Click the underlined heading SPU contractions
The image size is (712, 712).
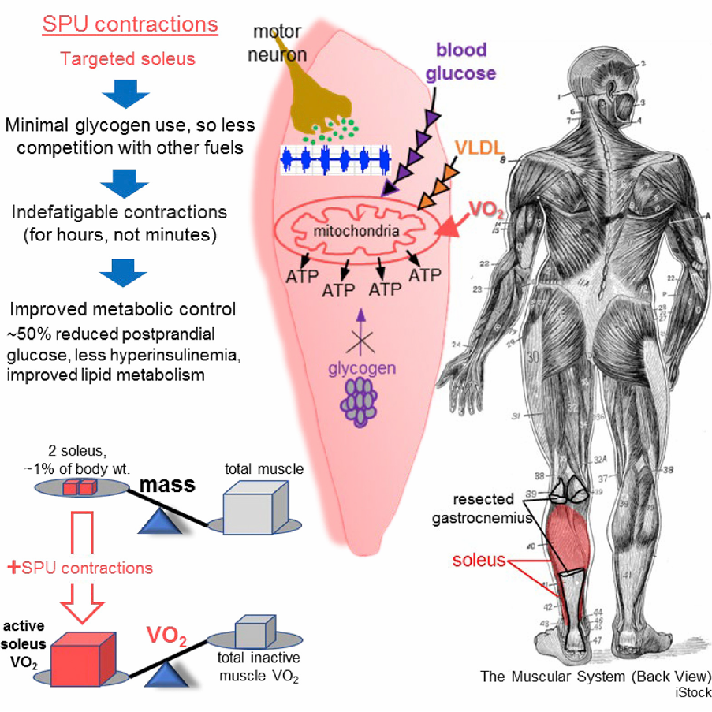(x=129, y=24)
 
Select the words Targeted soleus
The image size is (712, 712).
(x=126, y=59)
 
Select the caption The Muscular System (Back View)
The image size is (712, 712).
(x=595, y=677)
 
